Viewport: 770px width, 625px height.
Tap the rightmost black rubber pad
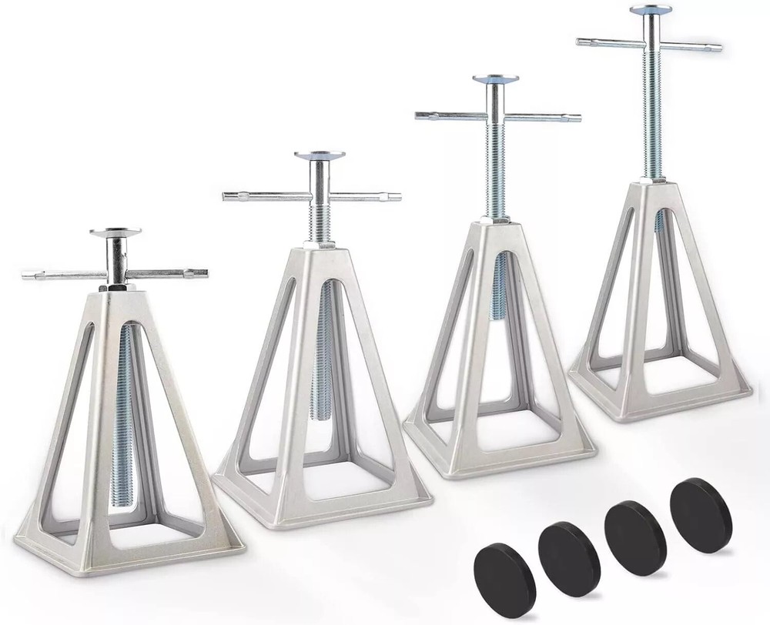point(701,504)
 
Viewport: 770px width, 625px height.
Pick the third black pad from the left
point(635,526)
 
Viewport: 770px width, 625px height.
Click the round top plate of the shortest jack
point(115,232)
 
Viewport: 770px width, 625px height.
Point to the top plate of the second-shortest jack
point(320,155)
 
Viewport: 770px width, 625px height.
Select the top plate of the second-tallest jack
point(496,79)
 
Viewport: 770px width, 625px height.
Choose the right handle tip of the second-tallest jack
point(576,119)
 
